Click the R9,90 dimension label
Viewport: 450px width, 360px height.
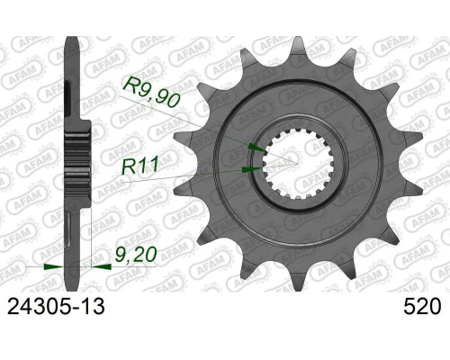[x=151, y=92]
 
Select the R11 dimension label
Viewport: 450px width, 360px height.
[x=139, y=166]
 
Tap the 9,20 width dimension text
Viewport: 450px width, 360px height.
[x=136, y=255]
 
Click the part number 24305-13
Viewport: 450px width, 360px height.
[x=56, y=307]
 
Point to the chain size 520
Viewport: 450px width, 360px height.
[x=422, y=307]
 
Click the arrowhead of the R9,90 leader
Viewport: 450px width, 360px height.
[x=257, y=148]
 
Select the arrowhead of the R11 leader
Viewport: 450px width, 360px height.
[x=252, y=169]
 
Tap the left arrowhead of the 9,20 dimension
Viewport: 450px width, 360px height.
[x=54, y=266]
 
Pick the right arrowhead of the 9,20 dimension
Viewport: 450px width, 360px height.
[x=101, y=266]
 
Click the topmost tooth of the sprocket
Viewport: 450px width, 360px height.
[x=298, y=48]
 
